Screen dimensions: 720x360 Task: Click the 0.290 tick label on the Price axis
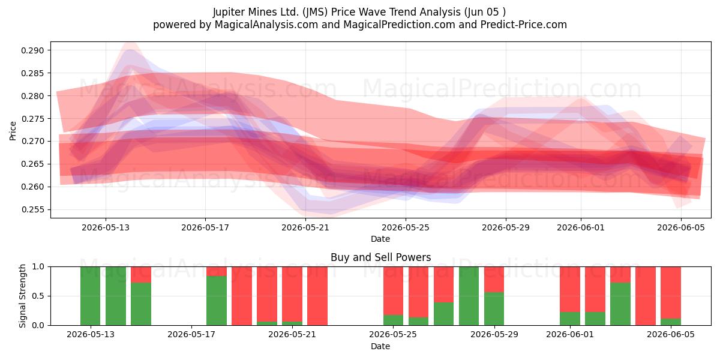(x=32, y=50)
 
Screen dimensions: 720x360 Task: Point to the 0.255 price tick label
(x=32, y=209)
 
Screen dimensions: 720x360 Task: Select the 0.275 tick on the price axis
(x=32, y=119)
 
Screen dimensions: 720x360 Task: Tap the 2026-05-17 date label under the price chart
(x=205, y=227)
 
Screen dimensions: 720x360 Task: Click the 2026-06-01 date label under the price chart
(x=581, y=227)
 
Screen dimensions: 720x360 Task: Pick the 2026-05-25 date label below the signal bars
(x=393, y=334)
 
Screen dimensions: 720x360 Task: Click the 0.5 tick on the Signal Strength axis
(x=38, y=296)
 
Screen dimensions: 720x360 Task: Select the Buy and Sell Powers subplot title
(x=380, y=257)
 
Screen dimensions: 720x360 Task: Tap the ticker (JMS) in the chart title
(x=314, y=12)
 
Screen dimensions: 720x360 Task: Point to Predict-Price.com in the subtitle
(x=524, y=25)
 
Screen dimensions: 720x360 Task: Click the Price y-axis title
(x=13, y=131)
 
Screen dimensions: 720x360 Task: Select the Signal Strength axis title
(x=22, y=296)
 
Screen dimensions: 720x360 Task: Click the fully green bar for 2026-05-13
(x=115, y=296)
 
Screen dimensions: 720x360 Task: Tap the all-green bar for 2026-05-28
(x=469, y=296)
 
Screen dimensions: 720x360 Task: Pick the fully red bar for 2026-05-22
(x=317, y=296)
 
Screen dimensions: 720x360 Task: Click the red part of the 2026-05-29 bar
(x=494, y=280)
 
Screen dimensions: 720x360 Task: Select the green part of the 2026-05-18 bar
(x=217, y=301)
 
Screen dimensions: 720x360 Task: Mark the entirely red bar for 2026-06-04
(x=646, y=296)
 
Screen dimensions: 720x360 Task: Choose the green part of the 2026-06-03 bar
(x=620, y=304)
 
